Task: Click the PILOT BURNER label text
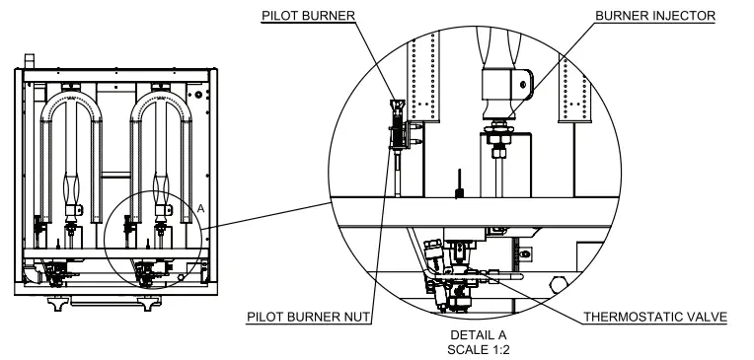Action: pos(308,16)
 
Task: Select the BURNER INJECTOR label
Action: pos(655,16)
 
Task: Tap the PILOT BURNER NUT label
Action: pos(308,317)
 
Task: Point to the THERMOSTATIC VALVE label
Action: pos(655,317)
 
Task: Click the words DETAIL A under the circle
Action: pos(478,334)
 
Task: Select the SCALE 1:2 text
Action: pos(478,350)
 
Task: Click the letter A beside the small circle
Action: pos(201,208)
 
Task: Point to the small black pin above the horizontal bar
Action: pos(459,183)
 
